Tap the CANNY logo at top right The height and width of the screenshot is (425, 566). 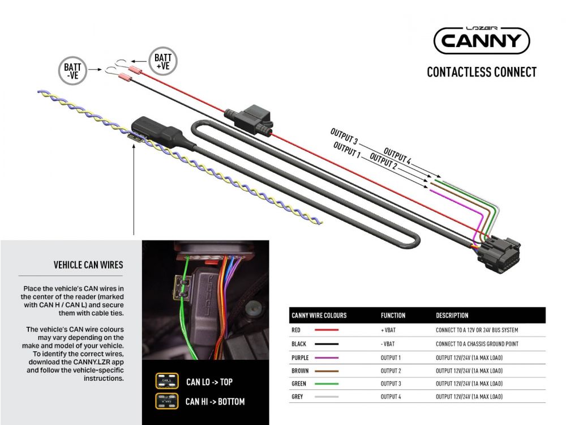pos(481,41)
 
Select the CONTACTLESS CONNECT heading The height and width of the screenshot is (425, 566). pos(481,72)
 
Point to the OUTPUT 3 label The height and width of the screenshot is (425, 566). pos(344,136)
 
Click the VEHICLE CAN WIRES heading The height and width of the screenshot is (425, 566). pos(88,265)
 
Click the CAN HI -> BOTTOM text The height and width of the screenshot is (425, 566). pos(215,401)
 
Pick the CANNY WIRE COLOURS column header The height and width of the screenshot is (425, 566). pos(319,316)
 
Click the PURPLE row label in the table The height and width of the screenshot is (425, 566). pos(300,358)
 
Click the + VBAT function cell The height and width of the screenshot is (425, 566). pos(390,330)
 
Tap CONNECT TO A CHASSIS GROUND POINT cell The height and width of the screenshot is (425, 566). pos(477,344)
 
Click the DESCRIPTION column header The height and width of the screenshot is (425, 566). pos(452,316)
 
